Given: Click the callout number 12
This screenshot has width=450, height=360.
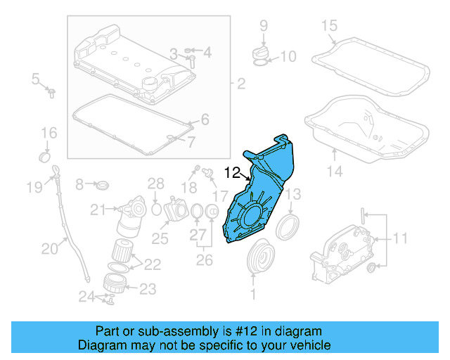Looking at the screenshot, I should point(232,171).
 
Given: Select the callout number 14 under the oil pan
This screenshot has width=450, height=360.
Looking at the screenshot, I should point(335,171).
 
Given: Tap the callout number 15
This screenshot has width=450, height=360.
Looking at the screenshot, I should point(330,27).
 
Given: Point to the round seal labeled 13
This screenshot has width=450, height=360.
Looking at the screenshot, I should point(287,227).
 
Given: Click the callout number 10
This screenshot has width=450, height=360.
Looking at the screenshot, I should point(290,56).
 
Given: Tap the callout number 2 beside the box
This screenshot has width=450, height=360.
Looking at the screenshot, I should point(240,85).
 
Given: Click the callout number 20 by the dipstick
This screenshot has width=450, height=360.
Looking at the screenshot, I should point(49,247).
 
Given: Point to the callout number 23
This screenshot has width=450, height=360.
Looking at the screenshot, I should point(148,288).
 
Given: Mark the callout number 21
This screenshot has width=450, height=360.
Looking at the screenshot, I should point(96,209).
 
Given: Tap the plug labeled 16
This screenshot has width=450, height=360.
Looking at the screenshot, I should point(46,155).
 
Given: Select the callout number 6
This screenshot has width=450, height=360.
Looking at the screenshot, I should point(205,120).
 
